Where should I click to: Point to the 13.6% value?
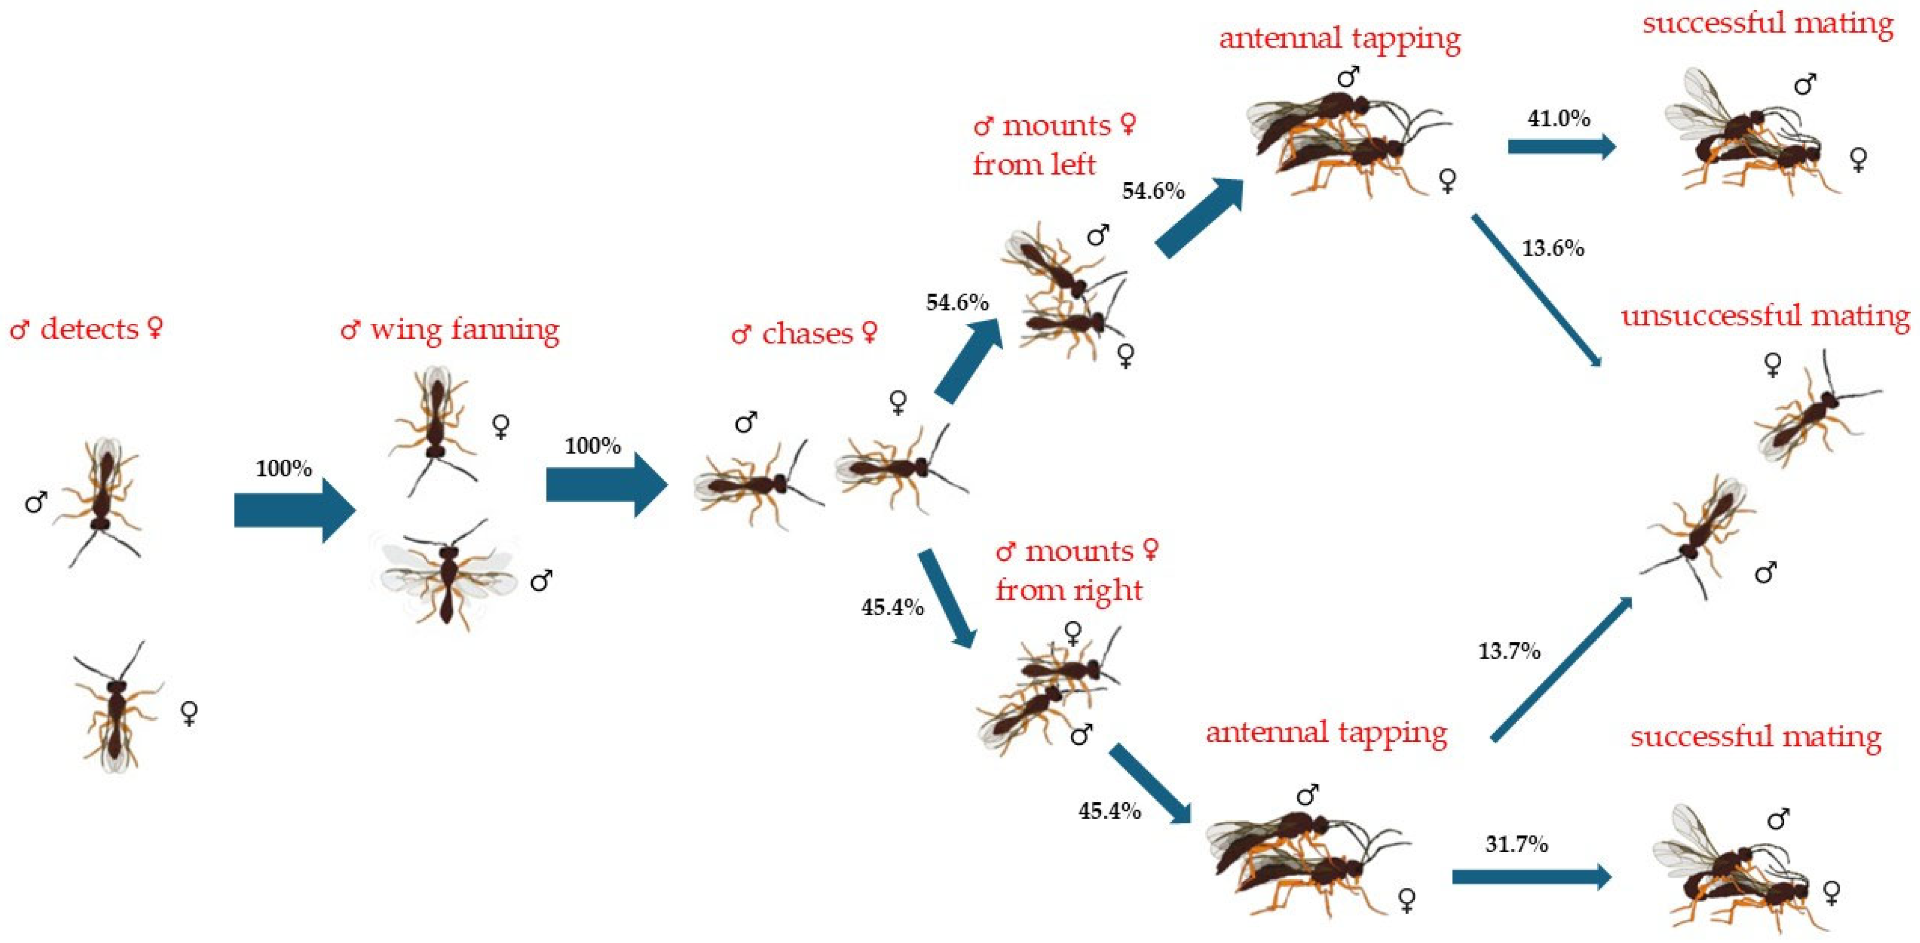1553,248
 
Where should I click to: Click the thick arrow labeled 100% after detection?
294,510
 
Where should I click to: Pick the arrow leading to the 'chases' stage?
606,485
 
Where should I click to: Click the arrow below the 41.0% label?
1561,147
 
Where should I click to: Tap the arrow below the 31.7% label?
1531,877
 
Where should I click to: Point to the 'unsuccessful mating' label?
1765,317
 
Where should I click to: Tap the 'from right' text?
1069,590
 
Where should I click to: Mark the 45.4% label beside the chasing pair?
892,607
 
